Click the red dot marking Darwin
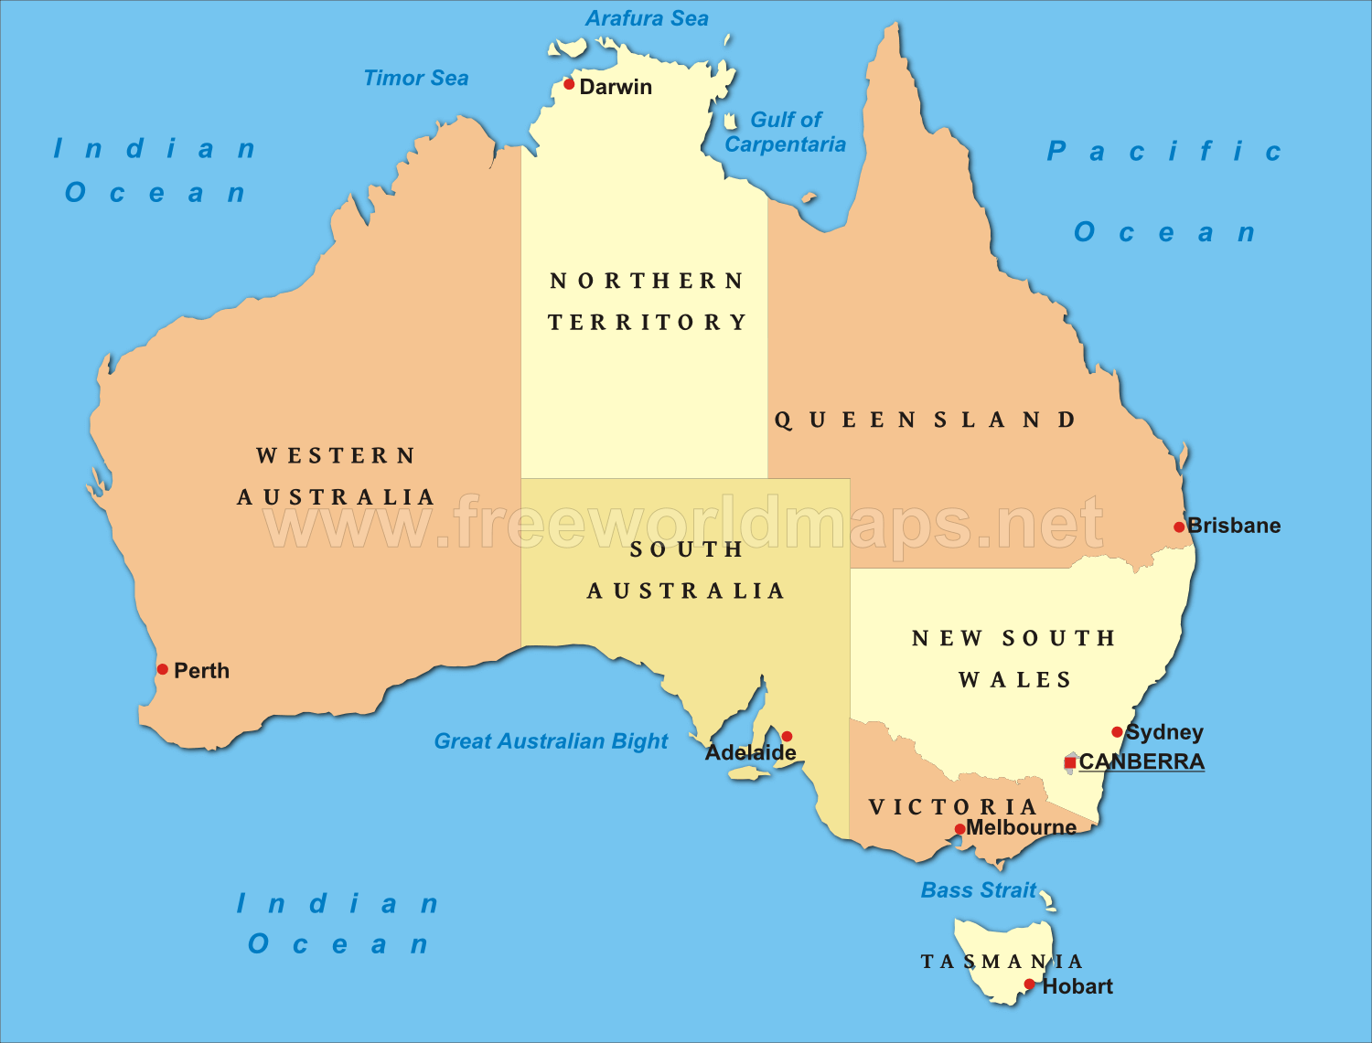coord(569,84)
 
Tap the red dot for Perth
coord(163,669)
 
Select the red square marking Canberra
coord(1070,762)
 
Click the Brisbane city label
coord(1234,526)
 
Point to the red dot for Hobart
coord(1029,984)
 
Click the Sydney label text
coord(1164,732)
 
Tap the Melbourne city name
coord(1021,827)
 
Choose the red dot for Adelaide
coord(787,737)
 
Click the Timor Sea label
coord(416,79)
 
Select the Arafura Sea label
coord(647,18)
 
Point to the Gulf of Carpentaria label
coord(785,133)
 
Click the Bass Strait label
coord(978,890)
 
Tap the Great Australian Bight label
coord(551,741)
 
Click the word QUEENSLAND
coord(925,420)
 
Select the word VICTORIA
coord(952,806)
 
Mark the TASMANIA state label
coord(1002,962)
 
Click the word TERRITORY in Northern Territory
coord(648,323)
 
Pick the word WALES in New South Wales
coord(1014,680)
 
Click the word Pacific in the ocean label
coord(1163,152)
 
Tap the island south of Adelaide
coord(749,774)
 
